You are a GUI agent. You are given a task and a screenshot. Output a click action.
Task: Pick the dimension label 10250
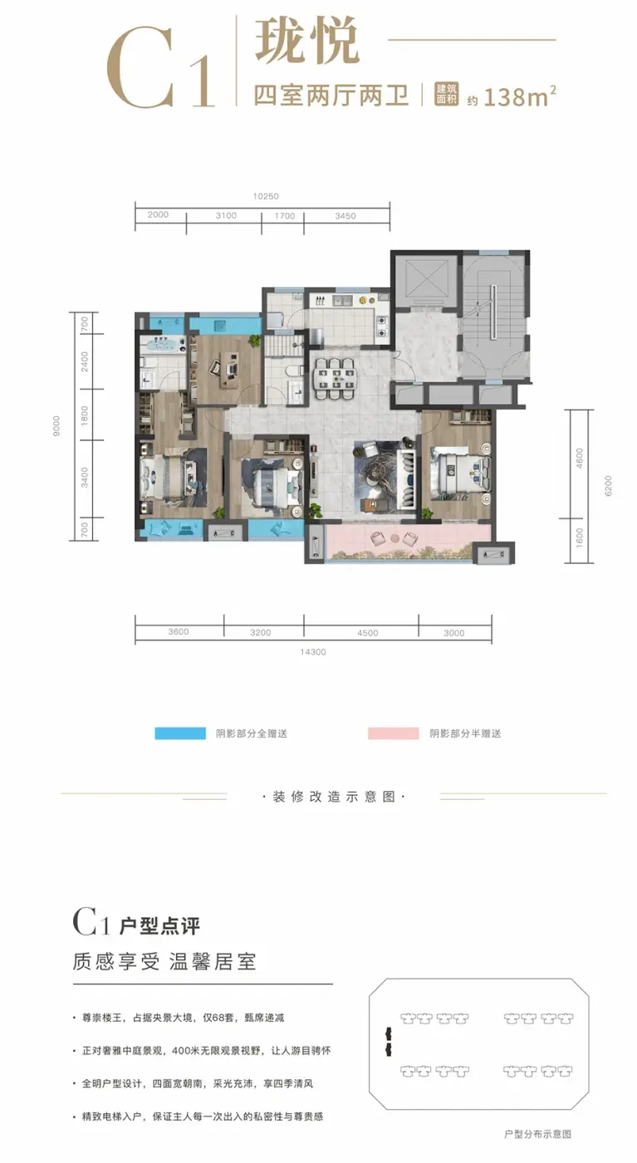266,196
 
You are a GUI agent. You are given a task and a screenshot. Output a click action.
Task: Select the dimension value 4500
368,633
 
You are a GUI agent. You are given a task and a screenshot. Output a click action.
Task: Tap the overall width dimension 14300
313,651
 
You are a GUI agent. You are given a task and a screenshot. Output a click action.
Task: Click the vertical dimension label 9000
56,425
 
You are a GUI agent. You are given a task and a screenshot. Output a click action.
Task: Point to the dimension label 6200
609,486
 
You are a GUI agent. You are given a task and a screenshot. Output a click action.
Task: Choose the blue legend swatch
180,733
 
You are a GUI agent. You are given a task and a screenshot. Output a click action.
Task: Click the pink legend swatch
393,733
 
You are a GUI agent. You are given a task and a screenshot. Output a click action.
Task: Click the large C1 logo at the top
160,66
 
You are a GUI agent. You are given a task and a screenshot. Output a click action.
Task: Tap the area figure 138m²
519,96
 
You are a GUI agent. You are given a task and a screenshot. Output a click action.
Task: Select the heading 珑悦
306,41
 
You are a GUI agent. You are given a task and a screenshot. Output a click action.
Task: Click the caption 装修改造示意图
335,797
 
